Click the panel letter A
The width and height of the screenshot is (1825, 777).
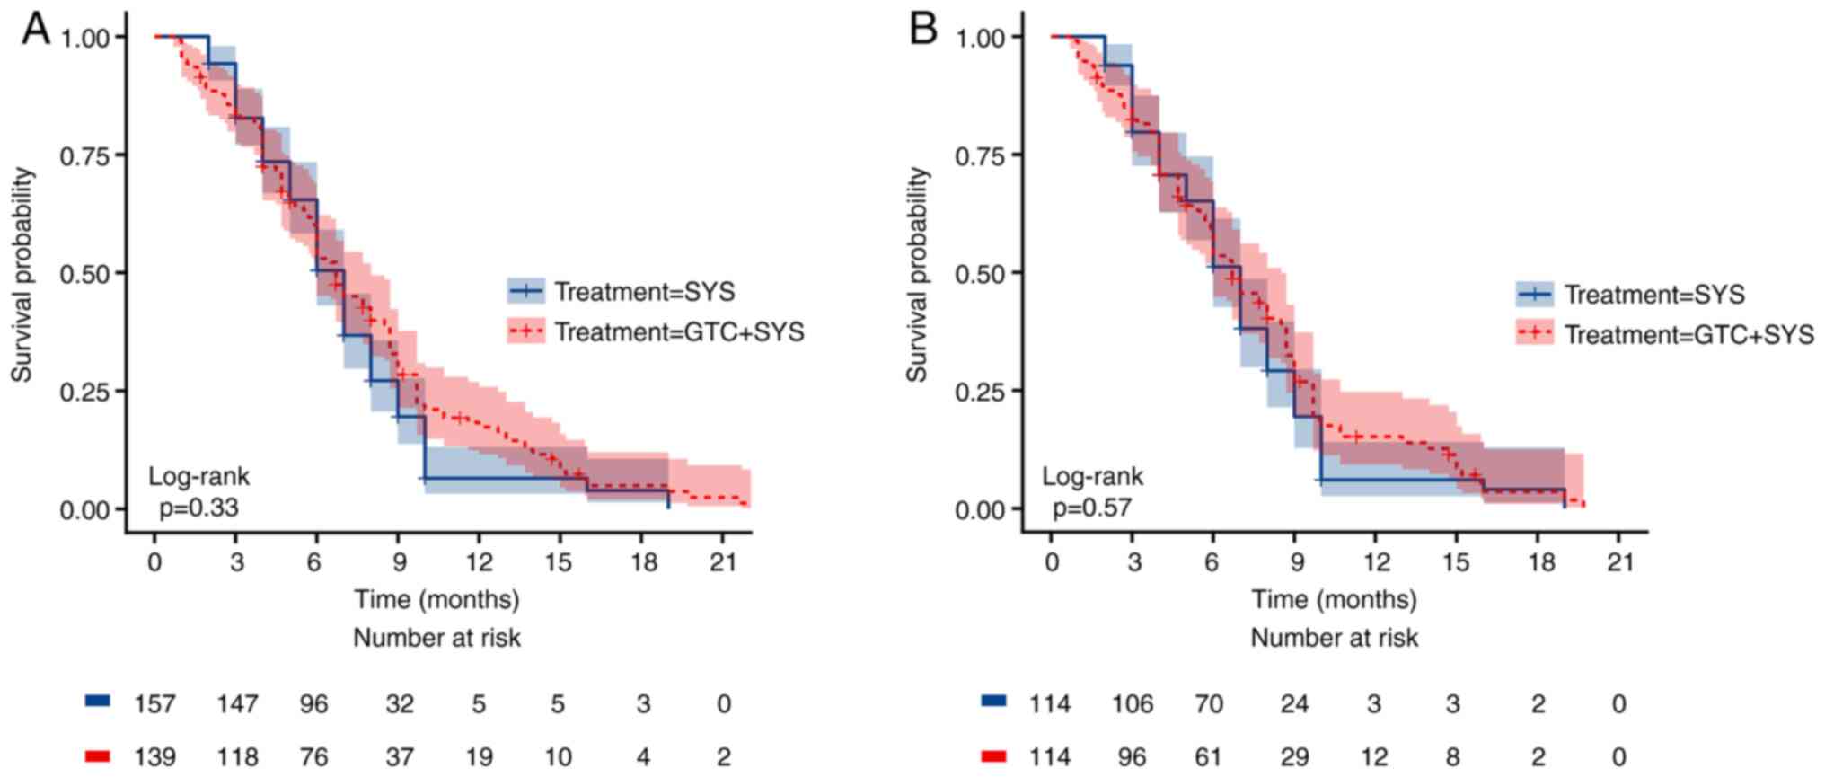pyautogui.click(x=36, y=29)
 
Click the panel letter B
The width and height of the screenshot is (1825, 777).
pyautogui.click(x=923, y=29)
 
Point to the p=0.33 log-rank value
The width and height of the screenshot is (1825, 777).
pyautogui.click(x=198, y=508)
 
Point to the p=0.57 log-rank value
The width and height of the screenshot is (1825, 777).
pyautogui.click(x=1091, y=508)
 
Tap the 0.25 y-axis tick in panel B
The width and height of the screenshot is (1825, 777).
pyautogui.click(x=980, y=392)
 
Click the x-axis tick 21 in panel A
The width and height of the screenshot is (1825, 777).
pyautogui.click(x=723, y=563)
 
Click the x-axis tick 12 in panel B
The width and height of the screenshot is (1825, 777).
pyautogui.click(x=1376, y=563)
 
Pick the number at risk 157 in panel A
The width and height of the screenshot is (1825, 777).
pyautogui.click(x=155, y=703)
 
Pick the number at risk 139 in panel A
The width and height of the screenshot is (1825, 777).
pyautogui.click(x=155, y=757)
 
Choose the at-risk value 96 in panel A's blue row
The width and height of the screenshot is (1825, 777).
pyautogui.click(x=314, y=703)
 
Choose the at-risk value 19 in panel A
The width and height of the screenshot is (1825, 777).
pyautogui.click(x=479, y=757)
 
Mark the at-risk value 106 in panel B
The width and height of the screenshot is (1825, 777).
pyautogui.click(x=1132, y=703)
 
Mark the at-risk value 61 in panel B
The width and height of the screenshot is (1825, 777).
pyautogui.click(x=1209, y=757)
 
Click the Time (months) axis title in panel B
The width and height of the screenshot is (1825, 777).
pyautogui.click(x=1334, y=599)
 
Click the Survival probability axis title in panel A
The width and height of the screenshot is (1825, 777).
pyautogui.click(x=22, y=275)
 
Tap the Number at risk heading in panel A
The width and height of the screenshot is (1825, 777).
pyautogui.click(x=436, y=638)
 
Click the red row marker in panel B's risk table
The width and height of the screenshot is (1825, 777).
pyautogui.click(x=994, y=756)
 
